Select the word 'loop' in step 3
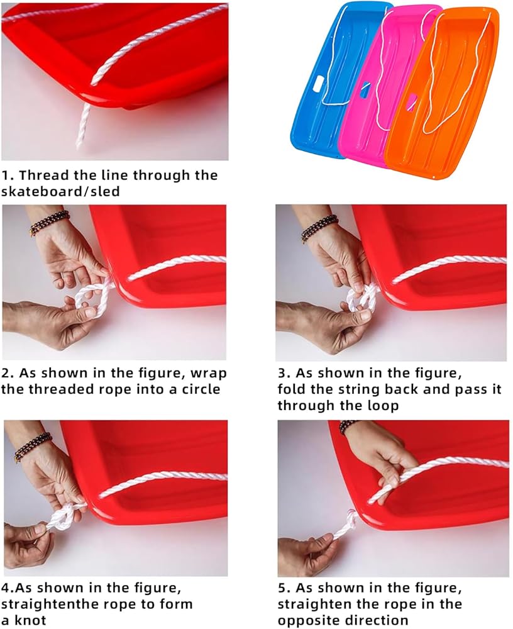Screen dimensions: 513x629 click(x=383, y=406)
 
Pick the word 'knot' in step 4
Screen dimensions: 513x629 click(x=30, y=620)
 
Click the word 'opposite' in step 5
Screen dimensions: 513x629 click(x=309, y=621)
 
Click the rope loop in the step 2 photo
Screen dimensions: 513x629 click(x=92, y=299)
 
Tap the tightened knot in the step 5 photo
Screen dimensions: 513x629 click(x=350, y=518)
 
